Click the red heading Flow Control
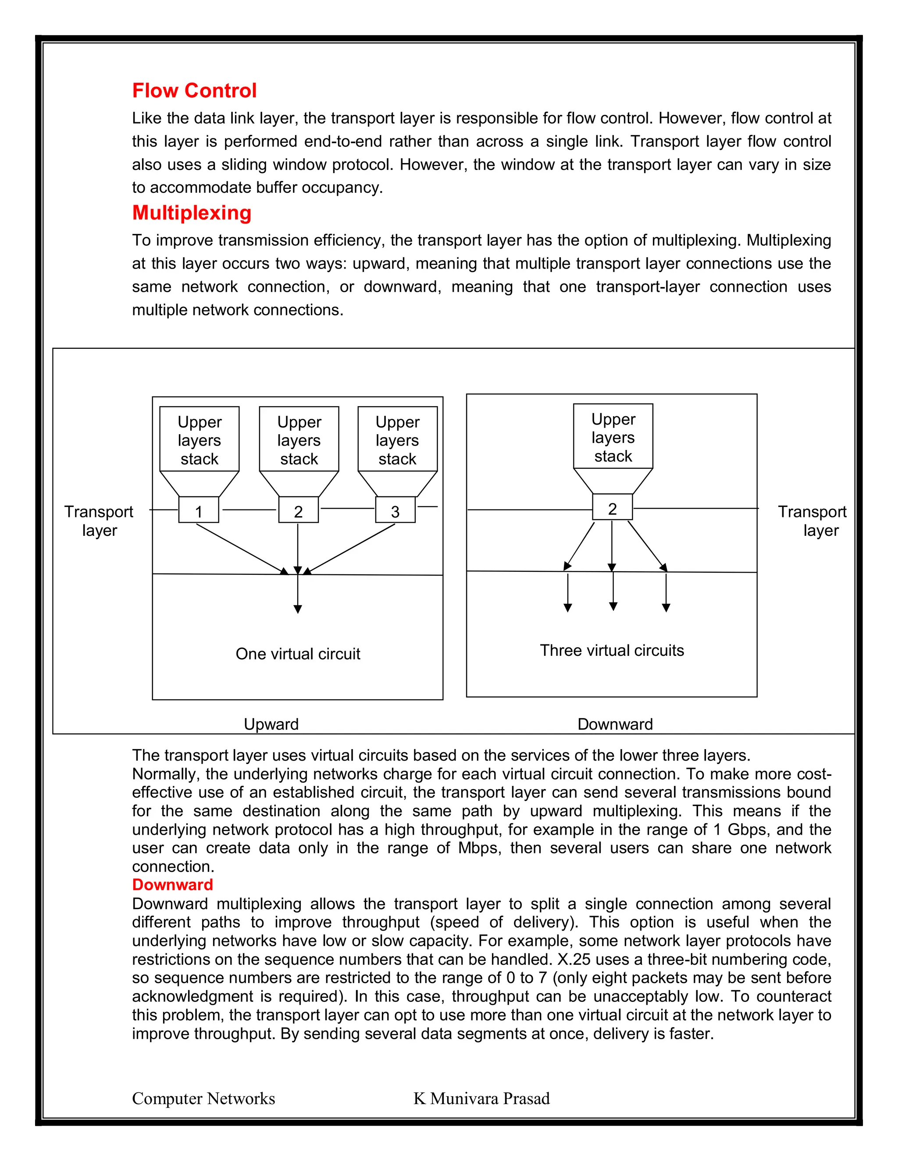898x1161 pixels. [194, 90]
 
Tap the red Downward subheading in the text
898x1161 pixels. [172, 885]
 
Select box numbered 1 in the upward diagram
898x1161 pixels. [199, 510]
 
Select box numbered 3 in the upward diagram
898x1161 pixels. [395, 510]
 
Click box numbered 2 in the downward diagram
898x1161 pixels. [612, 507]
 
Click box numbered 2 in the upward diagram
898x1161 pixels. [299, 510]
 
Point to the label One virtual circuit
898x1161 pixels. [298, 654]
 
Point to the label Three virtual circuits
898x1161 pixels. [612, 650]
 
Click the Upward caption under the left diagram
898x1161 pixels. [271, 724]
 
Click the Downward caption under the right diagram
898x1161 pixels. [615, 724]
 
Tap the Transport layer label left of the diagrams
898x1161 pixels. [99, 520]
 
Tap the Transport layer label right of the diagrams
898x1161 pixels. [812, 520]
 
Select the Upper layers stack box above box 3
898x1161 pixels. [397, 439]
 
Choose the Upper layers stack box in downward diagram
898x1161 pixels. [613, 436]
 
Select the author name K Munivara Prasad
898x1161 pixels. [481, 1098]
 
